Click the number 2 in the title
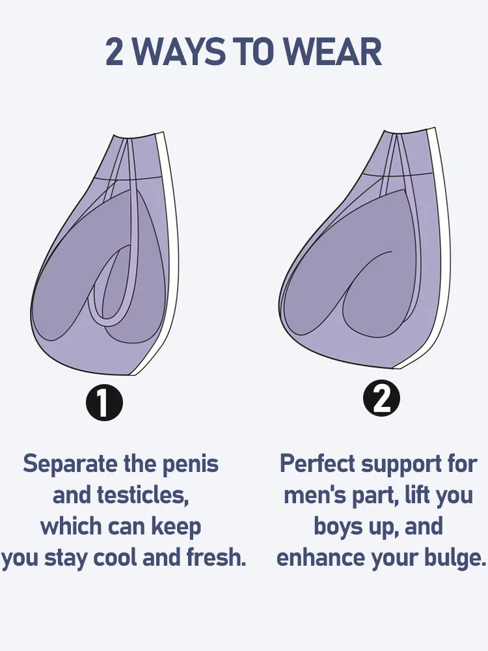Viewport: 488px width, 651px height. point(115,52)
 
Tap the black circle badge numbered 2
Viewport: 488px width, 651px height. point(382,398)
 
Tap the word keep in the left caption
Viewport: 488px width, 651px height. point(176,526)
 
